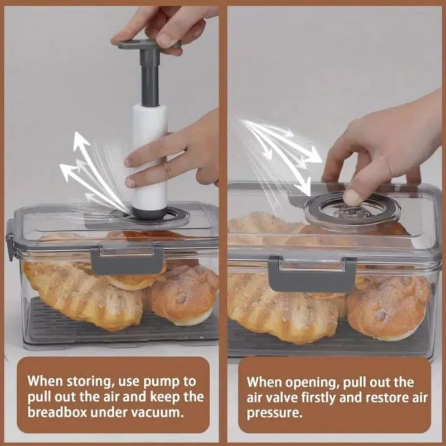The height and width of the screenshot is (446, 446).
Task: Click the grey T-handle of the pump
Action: point(149,45)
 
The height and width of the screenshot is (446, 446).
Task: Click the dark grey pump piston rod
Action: point(149,77)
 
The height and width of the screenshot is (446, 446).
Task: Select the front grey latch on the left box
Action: point(127,260)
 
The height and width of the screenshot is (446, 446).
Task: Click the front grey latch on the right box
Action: point(312,274)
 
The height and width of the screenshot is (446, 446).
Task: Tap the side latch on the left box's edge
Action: point(10,240)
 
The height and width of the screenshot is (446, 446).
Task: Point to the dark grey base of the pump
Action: point(149,214)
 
